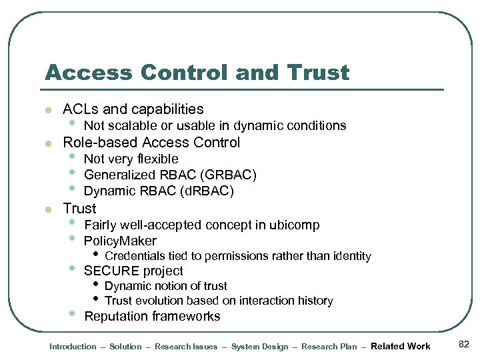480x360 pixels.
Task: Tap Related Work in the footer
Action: (x=400, y=346)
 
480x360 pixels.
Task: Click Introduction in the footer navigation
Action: (x=73, y=347)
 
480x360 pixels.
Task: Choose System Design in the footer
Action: (x=259, y=347)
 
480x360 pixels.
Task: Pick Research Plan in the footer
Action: (x=329, y=347)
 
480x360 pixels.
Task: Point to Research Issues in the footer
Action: (x=186, y=347)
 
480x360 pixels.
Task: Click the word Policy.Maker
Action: (x=120, y=241)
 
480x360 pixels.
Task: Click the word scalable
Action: (x=131, y=125)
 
